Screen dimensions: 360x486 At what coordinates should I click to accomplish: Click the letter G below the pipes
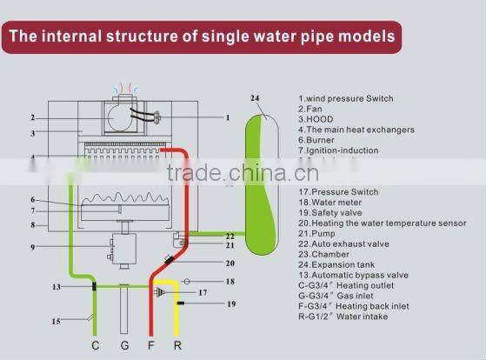(x=125, y=346)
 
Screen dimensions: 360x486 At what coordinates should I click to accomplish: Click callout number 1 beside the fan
(x=227, y=117)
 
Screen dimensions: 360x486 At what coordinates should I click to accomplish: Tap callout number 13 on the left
(x=55, y=286)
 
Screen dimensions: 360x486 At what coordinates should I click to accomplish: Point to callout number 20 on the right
(x=230, y=262)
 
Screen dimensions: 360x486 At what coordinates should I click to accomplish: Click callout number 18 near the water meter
(x=230, y=282)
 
